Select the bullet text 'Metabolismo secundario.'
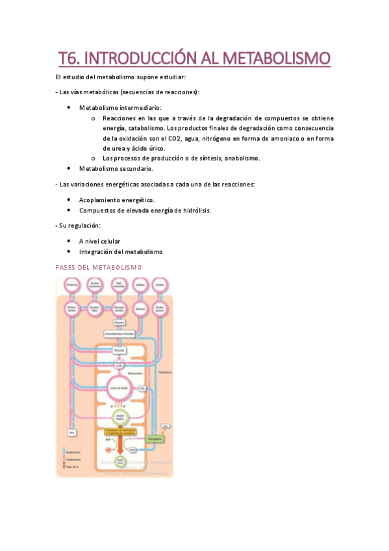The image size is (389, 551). coord(116,168)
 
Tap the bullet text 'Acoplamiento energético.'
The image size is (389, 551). coord(117,199)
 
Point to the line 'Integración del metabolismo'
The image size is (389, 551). coord(121,251)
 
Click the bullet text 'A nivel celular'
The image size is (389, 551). coord(99,241)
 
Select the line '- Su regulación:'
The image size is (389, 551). coord(79,225)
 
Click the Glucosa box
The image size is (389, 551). coord(119,322)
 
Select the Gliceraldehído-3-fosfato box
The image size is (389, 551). coord(119,334)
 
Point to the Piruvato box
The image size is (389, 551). coord(119,350)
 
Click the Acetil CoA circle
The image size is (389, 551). coord(119,365)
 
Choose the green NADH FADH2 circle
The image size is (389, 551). coord(119,416)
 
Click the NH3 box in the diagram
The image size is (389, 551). coord(73,431)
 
